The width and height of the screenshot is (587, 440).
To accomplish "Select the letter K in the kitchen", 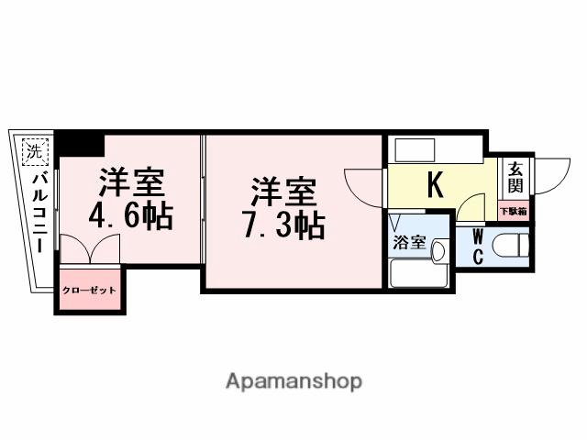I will pos(435,184).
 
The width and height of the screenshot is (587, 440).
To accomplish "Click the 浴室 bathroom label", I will pos(408,243).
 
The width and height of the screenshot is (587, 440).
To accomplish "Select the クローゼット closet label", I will pos(89,291).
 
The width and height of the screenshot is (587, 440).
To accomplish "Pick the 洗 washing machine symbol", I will pos(34,150).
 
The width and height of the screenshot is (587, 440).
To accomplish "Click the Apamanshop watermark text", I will pos(293,380).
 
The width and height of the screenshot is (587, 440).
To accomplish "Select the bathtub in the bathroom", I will pos(418,274).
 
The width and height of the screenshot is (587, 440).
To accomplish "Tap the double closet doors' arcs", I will pos(89,249).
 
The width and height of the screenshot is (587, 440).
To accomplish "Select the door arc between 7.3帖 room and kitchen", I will pos(364,188).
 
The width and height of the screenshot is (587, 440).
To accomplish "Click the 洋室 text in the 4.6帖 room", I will pos(133,182).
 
